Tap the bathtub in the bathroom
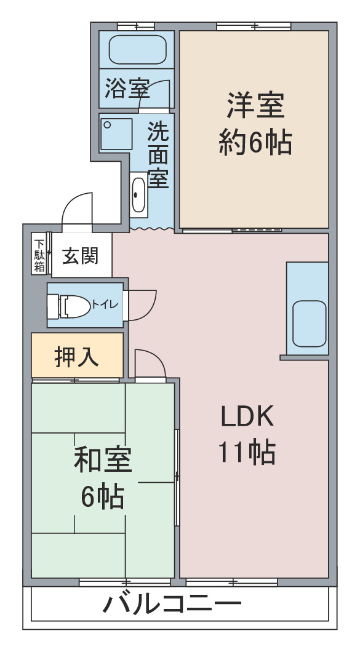[137, 49]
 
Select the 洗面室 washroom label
[158, 154]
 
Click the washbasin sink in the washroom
[138, 195]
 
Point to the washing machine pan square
[116, 134]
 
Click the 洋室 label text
[255, 106]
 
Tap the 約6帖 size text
[255, 142]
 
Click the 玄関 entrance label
[81, 255]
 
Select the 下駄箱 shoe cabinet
[39, 255]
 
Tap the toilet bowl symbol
[70, 306]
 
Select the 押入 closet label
[76, 356]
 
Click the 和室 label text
[103, 459]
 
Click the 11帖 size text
[247, 452]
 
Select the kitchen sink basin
[309, 324]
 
